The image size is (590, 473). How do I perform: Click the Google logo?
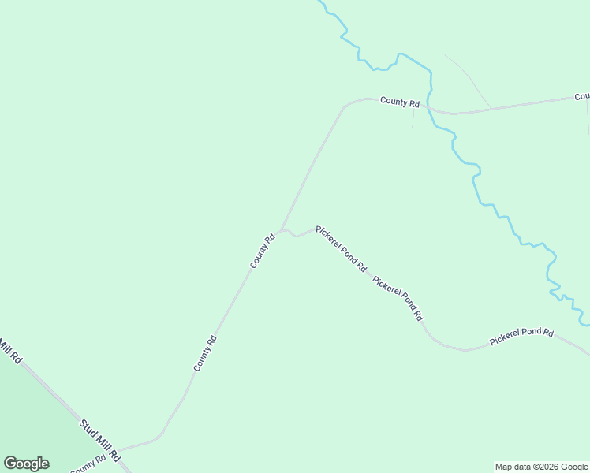click(x=26, y=464)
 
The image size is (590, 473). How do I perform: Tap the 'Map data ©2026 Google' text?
click(x=542, y=467)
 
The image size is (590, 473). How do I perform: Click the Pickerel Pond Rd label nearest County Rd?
click(x=341, y=248)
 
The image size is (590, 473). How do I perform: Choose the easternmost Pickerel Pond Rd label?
click(x=521, y=337)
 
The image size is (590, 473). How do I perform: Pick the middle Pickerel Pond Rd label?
click(x=398, y=297)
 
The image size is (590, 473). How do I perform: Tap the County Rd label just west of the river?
click(x=399, y=102)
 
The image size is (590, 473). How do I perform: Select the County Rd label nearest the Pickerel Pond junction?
click(x=263, y=251)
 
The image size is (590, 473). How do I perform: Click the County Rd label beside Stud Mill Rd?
click(x=88, y=464)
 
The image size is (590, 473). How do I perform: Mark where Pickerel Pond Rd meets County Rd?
click(x=282, y=231)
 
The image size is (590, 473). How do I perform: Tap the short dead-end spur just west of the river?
click(x=413, y=117)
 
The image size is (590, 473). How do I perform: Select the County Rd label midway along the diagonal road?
click(x=205, y=353)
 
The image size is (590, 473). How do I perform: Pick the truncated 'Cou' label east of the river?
click(x=582, y=96)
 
